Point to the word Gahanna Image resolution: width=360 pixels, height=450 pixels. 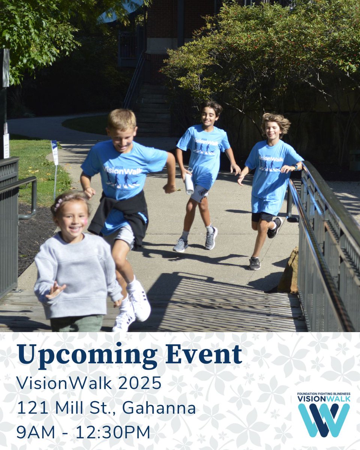tap(159, 408)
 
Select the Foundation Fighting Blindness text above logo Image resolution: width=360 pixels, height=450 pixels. tap(324, 394)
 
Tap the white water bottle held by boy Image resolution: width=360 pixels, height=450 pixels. tap(189, 183)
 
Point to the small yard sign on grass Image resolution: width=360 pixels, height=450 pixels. tap(55, 152)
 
